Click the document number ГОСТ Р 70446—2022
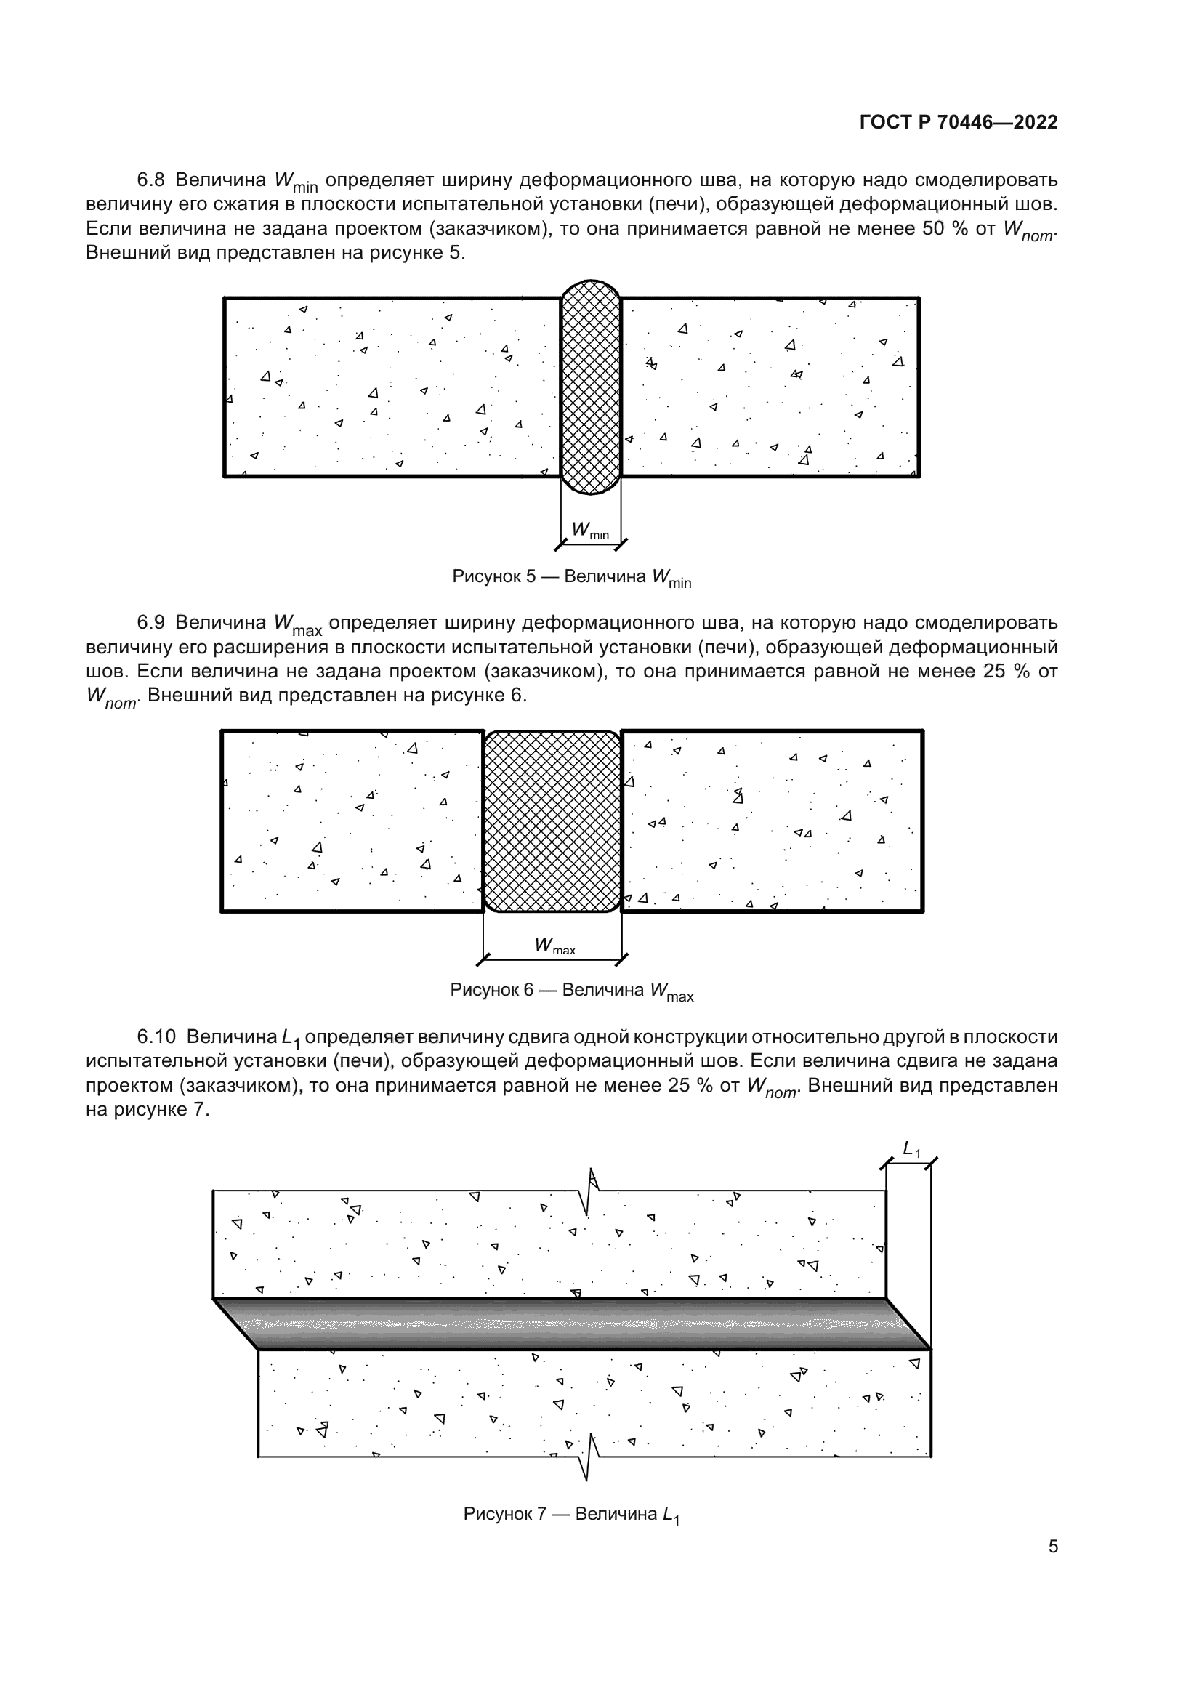tap(959, 122)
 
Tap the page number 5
tap(1052, 1546)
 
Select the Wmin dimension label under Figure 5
tap(590, 531)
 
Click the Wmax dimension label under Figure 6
tap(554, 946)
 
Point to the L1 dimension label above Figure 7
tap(911, 1149)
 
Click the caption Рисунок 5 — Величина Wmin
tap(571, 578)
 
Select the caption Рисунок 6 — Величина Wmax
tap(571, 991)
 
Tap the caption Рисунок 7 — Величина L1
tap(571, 1514)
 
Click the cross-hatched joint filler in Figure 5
tap(590, 387)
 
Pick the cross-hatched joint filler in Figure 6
tap(552, 821)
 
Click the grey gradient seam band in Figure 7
tap(570, 1324)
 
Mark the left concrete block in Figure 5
tap(392, 387)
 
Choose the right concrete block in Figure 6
tap(772, 821)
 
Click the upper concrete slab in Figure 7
tap(548, 1244)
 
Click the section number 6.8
tap(151, 180)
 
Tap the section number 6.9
tap(151, 622)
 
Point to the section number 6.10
tap(156, 1036)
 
